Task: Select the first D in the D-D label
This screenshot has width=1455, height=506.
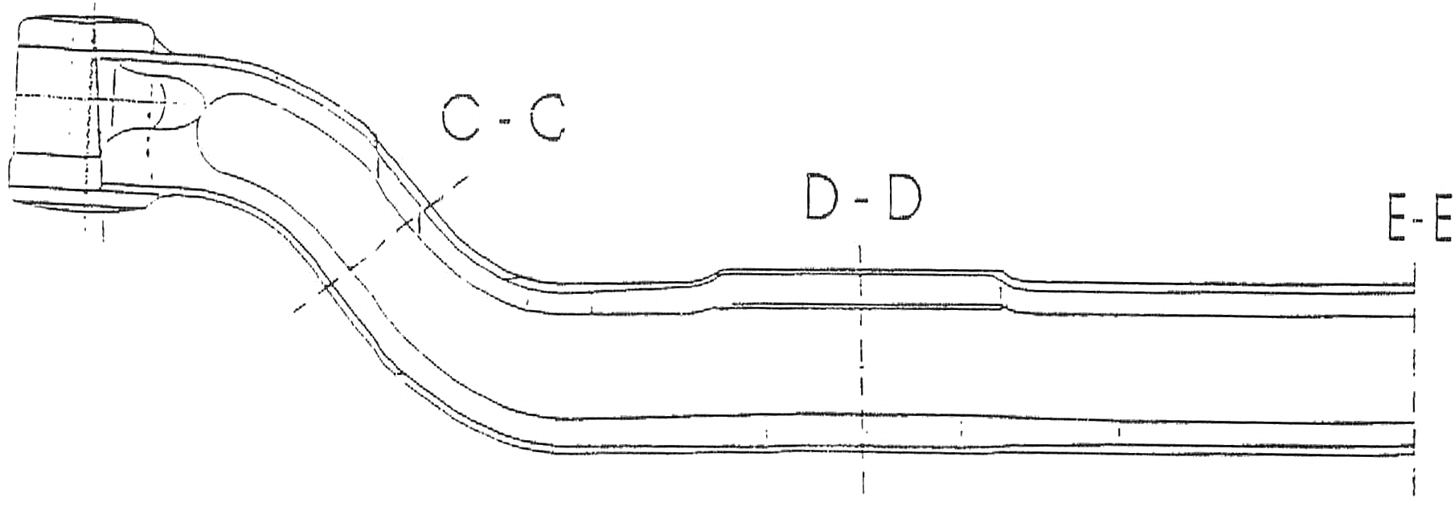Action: (x=823, y=198)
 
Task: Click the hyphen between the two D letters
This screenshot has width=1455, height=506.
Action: (x=863, y=200)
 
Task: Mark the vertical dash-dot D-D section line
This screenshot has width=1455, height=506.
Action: (x=861, y=368)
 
